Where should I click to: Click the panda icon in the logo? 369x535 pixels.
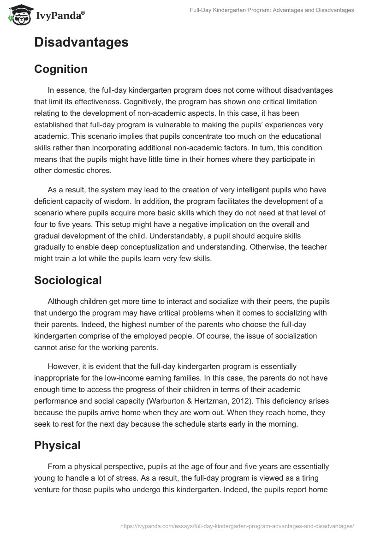(x=17, y=15)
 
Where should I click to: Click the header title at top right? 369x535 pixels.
(x=272, y=10)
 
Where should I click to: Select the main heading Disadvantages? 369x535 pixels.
(x=81, y=42)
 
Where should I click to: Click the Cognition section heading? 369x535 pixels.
(x=61, y=69)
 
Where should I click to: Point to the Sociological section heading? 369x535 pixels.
(x=68, y=280)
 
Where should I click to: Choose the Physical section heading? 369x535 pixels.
(x=57, y=445)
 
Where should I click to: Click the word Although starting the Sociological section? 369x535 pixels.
(x=64, y=301)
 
